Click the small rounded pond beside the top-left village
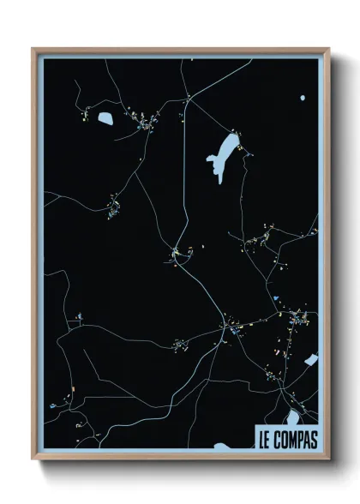tap(106, 118)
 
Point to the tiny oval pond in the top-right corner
tap(303, 98)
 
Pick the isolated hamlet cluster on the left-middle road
tap(112, 207)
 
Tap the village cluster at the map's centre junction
tap(178, 252)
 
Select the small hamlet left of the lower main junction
tap(180, 345)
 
